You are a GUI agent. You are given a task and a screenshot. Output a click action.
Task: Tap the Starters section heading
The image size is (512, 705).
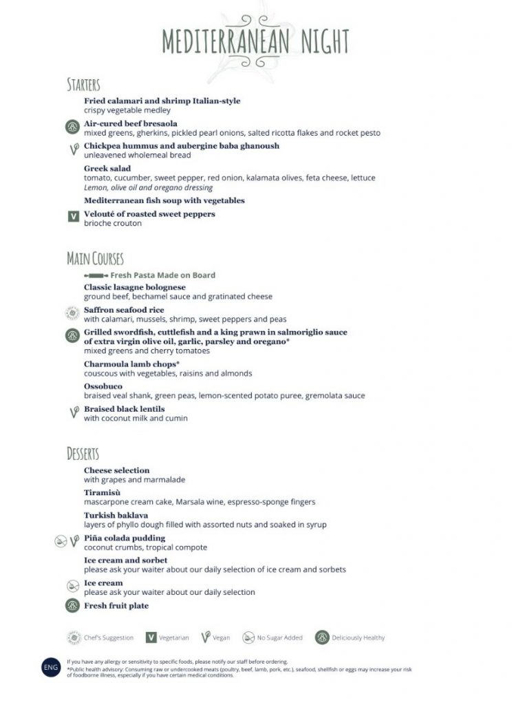click(x=83, y=85)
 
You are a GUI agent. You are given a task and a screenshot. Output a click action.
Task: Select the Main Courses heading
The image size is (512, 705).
click(x=95, y=259)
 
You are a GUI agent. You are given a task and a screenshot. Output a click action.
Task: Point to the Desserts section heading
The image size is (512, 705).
click(x=83, y=454)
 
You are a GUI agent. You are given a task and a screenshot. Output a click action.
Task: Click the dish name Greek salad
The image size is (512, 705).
click(x=107, y=168)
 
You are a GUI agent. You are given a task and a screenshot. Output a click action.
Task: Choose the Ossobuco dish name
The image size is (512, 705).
click(x=103, y=386)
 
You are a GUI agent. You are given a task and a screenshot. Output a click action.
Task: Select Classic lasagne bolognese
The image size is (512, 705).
click(x=135, y=286)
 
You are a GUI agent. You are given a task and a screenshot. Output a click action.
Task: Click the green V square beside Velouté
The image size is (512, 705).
click(x=73, y=216)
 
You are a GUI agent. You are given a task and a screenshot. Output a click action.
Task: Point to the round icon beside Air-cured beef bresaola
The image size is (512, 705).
click(x=72, y=127)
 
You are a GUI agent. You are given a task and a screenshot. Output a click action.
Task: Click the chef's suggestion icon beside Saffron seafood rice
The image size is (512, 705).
click(x=72, y=313)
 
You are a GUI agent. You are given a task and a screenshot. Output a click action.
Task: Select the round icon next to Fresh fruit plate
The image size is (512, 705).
click(x=72, y=606)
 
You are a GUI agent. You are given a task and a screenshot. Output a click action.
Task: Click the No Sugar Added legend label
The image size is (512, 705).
click(x=279, y=638)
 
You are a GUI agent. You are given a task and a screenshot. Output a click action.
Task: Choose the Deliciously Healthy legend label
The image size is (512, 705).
click(x=359, y=638)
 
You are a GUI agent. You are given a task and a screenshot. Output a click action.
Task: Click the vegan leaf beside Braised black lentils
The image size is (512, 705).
click(x=73, y=412)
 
